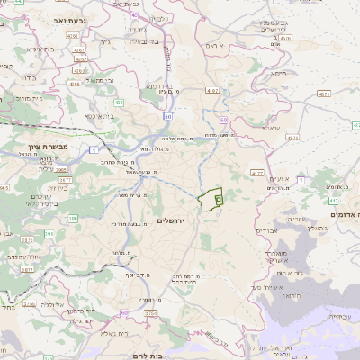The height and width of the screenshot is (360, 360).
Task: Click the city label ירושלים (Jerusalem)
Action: pyautogui.click(x=175, y=220)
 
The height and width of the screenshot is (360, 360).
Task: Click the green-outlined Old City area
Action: pyautogui.click(x=210, y=199)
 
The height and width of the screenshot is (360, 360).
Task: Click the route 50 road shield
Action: pyautogui.click(x=167, y=116)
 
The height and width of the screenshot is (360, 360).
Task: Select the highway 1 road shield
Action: pyautogui.click(x=94, y=150)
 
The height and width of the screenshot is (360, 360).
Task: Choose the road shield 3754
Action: pyautogui.click(x=150, y=313)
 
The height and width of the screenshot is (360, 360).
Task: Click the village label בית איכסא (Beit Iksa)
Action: pyautogui.click(x=99, y=116)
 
